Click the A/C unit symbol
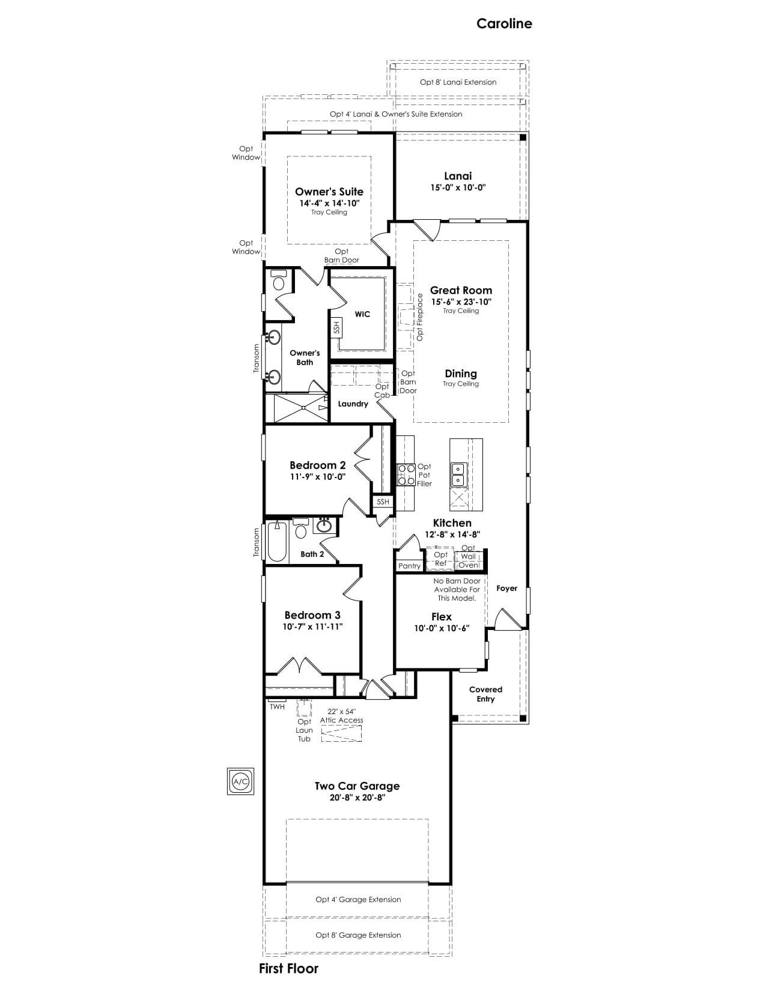coord(240,781)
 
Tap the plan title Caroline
coord(504,23)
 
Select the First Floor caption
coord(288,968)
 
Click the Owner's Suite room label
coord(329,192)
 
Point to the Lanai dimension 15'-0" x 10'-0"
coord(458,187)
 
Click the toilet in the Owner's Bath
coord(278,280)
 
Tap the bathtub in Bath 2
coord(277,541)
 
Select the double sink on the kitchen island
coord(458,474)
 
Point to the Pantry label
coord(409,566)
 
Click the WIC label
coord(362,314)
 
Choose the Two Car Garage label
coord(357,786)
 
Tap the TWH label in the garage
coord(277,707)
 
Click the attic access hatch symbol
coord(341,733)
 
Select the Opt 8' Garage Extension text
coord(358,935)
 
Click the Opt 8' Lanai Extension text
coord(458,82)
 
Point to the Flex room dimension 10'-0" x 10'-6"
coord(442,628)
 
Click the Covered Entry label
coord(485,694)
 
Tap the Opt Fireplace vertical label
coord(420,317)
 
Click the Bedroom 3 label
coord(312,615)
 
